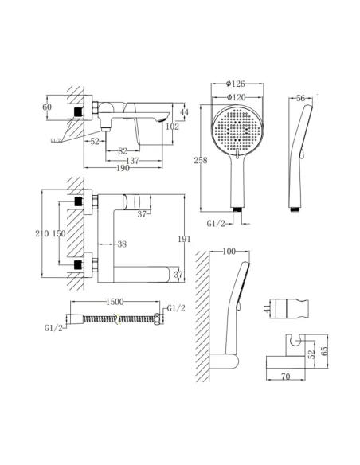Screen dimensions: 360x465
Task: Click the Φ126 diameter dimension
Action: [236, 84]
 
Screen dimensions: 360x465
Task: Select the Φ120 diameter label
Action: [236, 97]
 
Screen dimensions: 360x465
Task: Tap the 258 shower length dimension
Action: [201, 160]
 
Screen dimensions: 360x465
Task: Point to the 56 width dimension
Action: [300, 98]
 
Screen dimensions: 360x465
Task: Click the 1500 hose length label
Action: [115, 302]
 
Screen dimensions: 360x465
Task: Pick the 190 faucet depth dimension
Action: [123, 168]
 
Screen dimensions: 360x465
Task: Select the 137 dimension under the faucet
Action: [132, 161]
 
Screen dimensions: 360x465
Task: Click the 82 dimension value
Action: [123, 151]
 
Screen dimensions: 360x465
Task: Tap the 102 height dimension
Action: [172, 127]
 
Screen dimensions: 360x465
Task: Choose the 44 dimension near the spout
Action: [184, 112]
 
